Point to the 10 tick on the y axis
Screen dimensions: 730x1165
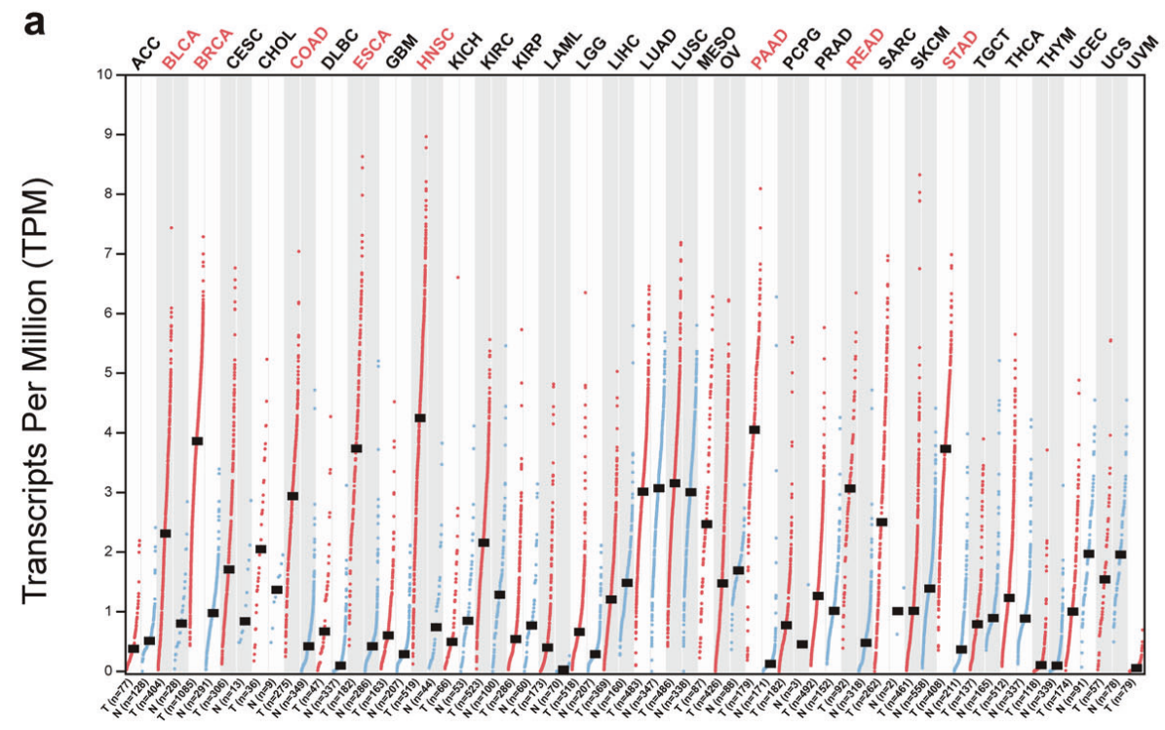106,75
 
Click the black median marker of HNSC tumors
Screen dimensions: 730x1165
420,417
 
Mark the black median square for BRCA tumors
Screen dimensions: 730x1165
198,441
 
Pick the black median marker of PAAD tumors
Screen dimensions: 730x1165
755,429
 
